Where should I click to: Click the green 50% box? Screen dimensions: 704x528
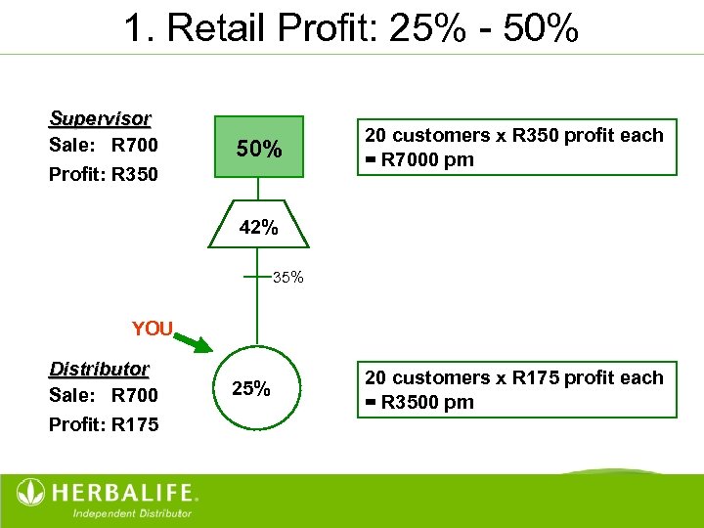(258, 149)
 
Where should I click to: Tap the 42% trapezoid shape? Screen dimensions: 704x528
(258, 228)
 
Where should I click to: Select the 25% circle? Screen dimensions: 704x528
(251, 388)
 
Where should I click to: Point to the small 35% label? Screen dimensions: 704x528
(288, 278)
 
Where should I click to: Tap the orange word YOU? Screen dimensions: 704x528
(152, 330)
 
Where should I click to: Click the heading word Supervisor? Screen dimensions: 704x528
(100, 119)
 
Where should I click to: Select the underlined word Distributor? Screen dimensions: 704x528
(99, 369)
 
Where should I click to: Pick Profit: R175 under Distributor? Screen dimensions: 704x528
(103, 424)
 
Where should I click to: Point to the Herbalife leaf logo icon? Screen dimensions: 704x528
(31, 492)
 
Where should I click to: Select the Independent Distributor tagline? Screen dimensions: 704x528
(132, 512)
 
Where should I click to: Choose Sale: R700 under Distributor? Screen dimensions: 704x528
(103, 396)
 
